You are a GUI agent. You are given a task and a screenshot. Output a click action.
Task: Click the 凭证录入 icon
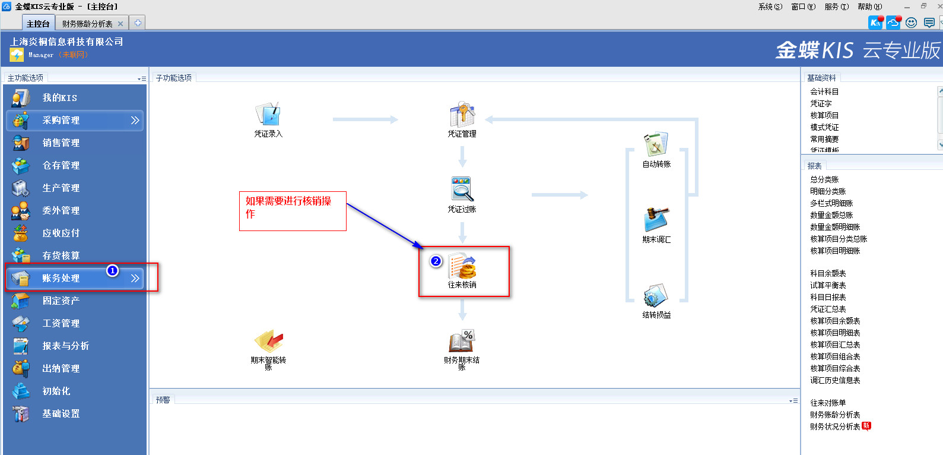268,115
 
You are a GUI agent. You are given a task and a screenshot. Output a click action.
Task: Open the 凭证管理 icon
462,115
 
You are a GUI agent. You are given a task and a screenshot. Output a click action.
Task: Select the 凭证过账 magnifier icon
462,189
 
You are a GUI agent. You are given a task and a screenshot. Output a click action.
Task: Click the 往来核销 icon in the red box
462,267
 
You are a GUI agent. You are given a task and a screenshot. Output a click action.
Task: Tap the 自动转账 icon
656,145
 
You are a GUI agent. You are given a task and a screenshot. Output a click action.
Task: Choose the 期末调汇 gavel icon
656,220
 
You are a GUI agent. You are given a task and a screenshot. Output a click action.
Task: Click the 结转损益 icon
656,296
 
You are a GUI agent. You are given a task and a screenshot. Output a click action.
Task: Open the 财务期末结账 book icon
462,342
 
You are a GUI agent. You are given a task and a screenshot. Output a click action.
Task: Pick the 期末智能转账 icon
268,342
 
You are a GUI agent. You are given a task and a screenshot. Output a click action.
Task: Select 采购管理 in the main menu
61,121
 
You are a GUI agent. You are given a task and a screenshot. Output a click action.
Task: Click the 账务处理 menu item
61,279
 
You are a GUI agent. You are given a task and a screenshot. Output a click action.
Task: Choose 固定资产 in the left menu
61,301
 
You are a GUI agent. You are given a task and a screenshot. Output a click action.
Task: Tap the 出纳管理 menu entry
61,369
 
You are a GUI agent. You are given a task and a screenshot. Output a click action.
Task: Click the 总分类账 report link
824,179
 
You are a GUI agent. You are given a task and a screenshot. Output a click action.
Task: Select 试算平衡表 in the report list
828,285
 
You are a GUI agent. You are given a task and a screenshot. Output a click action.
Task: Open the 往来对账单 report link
828,403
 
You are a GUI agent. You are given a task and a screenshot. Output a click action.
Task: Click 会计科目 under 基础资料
824,91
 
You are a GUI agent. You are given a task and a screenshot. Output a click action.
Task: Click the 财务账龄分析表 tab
87,24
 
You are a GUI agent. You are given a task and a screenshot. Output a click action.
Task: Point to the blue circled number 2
436,261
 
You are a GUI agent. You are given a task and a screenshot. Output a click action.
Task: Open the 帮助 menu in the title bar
869,7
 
